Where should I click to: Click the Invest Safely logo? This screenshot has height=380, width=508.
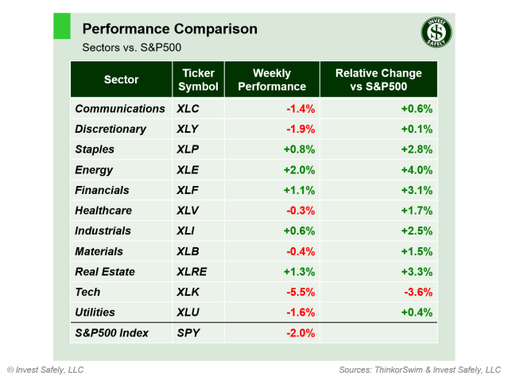click(436, 33)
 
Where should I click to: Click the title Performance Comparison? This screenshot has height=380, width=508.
click(169, 29)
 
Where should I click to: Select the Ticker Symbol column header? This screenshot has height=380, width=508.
click(198, 79)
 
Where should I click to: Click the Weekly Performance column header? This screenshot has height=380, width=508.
click(272, 79)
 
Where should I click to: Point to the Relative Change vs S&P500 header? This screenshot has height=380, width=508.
click(378, 79)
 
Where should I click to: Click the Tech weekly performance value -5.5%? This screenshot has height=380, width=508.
click(301, 292)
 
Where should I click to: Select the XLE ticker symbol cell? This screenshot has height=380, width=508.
click(189, 169)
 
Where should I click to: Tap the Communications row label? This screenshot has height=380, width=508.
click(120, 108)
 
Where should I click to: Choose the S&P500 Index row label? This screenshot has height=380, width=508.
click(112, 333)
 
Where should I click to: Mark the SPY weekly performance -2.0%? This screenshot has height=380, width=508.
click(301, 333)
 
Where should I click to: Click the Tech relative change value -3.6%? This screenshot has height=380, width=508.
click(417, 292)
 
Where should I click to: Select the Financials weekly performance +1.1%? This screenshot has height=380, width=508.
click(299, 190)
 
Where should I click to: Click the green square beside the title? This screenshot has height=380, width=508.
click(61, 25)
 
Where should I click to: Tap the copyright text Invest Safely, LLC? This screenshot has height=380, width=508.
click(45, 370)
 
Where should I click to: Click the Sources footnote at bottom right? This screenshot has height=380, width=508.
click(419, 370)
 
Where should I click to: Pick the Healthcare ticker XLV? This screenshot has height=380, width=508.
click(189, 211)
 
